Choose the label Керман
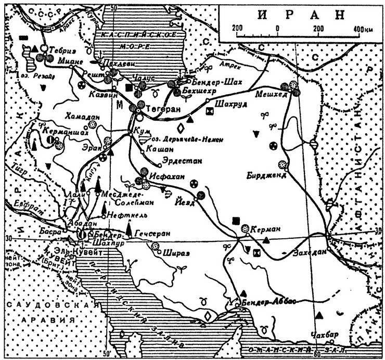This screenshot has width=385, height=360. pyautogui.click(x=266, y=229)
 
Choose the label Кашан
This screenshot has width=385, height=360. pyautogui.click(x=159, y=148)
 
